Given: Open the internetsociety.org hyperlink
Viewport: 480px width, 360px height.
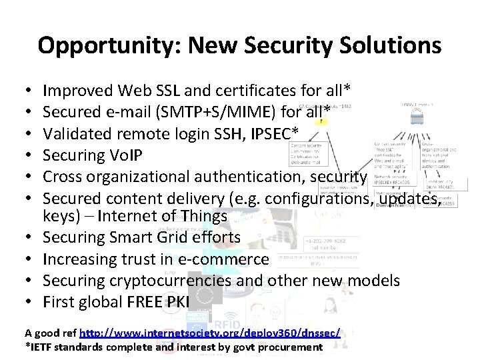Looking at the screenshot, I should tap(209, 332).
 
